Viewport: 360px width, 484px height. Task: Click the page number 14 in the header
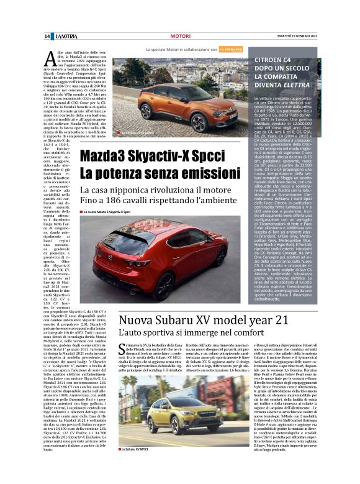click(x=47, y=37)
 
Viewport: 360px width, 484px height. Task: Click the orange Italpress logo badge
click(x=231, y=48)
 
